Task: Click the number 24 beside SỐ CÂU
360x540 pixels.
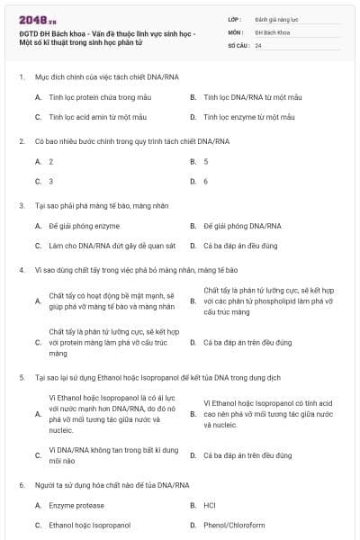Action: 258,45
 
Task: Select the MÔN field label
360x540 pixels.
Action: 236,31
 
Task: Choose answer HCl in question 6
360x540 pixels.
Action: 210,506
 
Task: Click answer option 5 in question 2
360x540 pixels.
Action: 206,161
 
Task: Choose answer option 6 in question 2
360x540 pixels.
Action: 206,181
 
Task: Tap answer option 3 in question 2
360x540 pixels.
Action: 51,181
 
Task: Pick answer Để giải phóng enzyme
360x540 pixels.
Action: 84,226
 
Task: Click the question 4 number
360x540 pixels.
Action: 21,270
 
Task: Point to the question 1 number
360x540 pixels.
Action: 21,77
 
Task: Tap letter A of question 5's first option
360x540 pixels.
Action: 38,413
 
